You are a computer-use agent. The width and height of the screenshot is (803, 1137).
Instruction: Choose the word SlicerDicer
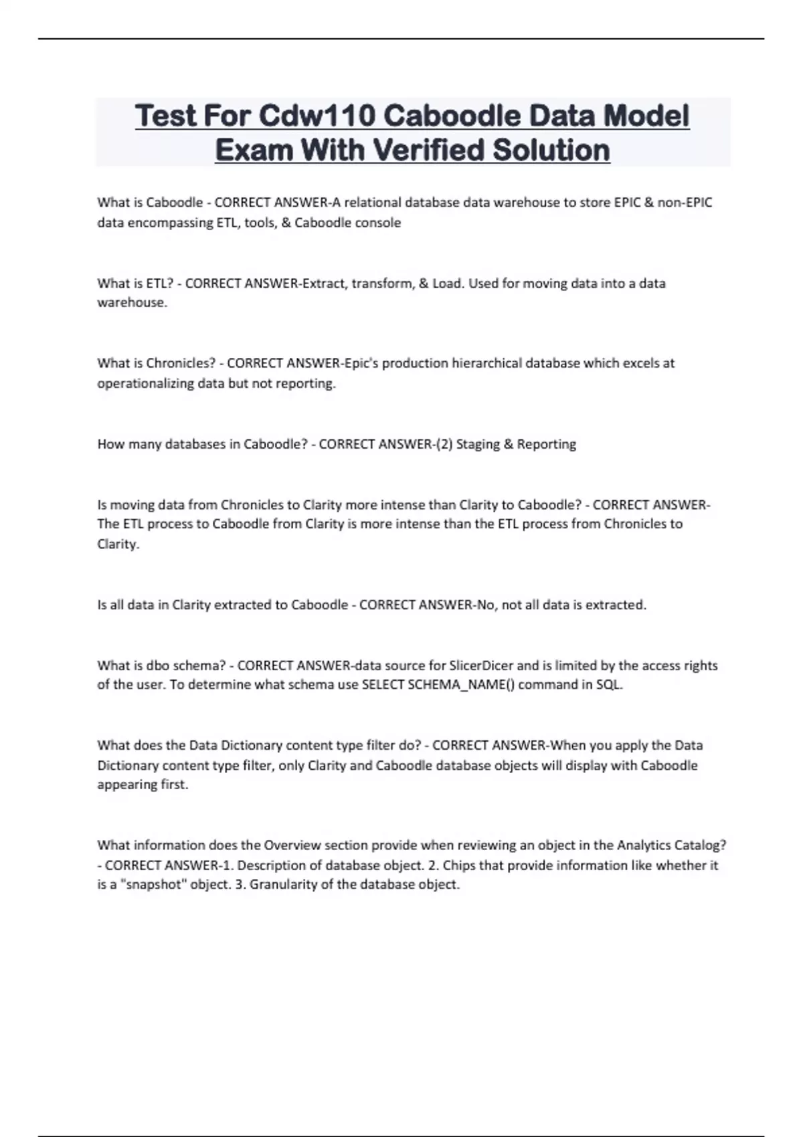click(481, 665)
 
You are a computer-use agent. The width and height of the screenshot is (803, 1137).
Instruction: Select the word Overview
click(292, 845)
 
